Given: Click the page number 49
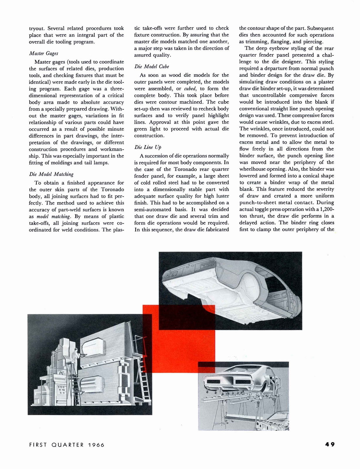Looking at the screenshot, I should click(x=330, y=444).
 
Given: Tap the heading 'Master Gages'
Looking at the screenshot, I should click(x=44, y=53).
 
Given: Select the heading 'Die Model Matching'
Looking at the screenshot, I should click(x=51, y=174).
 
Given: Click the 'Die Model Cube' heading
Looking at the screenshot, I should click(x=152, y=67).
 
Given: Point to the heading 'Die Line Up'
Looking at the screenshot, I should click(x=148, y=147).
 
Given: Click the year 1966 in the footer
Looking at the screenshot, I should click(x=96, y=445).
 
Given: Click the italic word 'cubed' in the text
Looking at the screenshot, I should click(x=190, y=89).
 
